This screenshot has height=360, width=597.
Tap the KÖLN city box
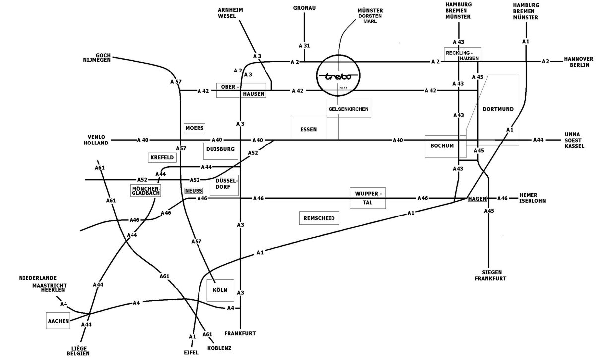pos(220,289)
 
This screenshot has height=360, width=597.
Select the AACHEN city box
pos(58,321)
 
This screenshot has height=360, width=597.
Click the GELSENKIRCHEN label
pos(349,108)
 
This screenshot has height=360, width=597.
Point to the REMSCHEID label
pos(318,218)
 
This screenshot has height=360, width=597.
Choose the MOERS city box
pos(195,128)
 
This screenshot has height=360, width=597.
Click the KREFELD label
pos(162,157)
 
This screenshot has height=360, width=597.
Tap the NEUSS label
pos(194,190)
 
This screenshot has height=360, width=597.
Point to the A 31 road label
pos(304,46)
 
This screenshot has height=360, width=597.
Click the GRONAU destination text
pos(304,8)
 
